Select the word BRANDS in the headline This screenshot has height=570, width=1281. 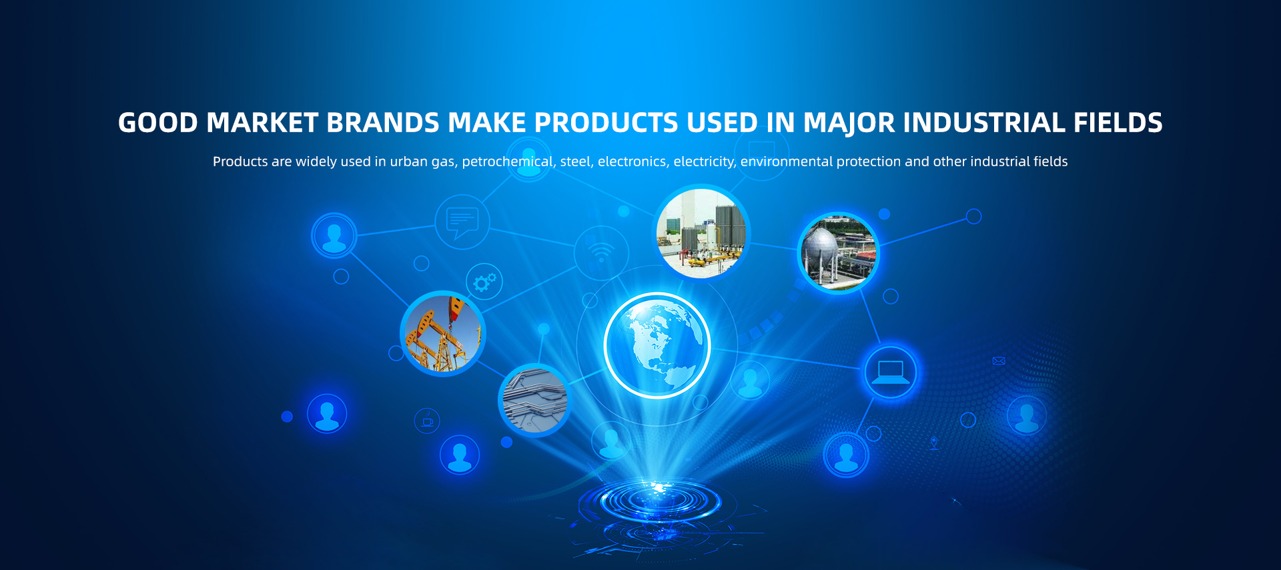383,123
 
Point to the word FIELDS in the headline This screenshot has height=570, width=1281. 1118,123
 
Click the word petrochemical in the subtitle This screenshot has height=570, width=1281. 508,162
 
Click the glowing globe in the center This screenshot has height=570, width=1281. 657,346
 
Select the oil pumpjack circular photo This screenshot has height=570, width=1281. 443,333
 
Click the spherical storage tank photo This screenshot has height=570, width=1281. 839,253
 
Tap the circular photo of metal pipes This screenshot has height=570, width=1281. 534,400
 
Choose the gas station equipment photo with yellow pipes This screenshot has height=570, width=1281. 701,233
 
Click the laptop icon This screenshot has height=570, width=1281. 891,372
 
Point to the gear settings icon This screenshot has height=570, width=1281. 484,282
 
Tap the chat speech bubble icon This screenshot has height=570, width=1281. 462,222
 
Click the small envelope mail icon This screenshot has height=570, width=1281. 999,361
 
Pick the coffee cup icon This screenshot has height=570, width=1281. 427,421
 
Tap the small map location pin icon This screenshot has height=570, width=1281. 934,443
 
